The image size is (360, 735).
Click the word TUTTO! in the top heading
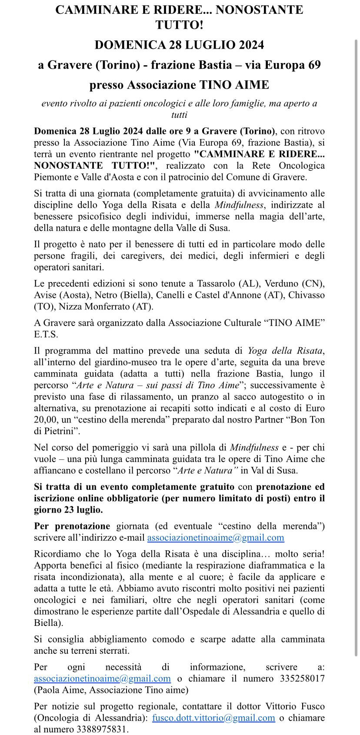(x=180, y=25)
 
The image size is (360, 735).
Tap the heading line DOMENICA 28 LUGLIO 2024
(x=180, y=45)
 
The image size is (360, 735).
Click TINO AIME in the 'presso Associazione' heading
(x=234, y=84)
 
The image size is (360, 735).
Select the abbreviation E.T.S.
(x=46, y=334)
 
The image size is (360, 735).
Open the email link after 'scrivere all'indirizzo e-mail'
(x=216, y=538)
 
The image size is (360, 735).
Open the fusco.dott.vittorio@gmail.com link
(x=213, y=718)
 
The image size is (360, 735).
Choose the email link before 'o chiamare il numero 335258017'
(x=102, y=678)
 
